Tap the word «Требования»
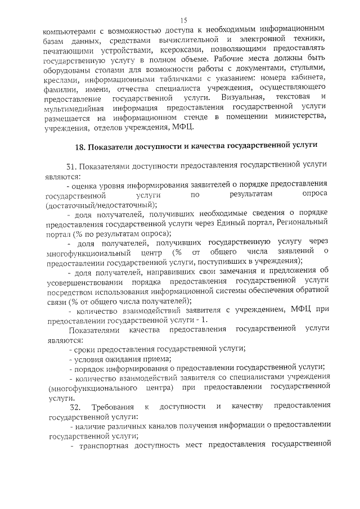pos(116,407)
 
